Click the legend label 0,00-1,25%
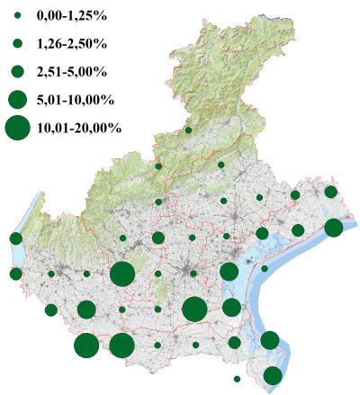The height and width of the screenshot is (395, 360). [73, 16]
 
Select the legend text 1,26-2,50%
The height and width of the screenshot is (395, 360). [73, 43]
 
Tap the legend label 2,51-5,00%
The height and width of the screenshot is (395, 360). [73, 70]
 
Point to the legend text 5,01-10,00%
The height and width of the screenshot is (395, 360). [76, 98]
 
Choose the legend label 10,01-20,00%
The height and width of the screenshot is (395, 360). [80, 128]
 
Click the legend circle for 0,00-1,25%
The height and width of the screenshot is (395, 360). [17, 16]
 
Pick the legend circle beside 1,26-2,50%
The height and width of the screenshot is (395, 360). [17, 43]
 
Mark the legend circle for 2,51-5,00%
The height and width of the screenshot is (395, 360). [17, 70]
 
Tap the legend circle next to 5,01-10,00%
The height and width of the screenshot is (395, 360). [17, 98]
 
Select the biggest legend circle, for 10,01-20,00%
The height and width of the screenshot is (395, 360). [17, 128]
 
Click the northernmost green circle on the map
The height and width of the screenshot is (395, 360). [188, 130]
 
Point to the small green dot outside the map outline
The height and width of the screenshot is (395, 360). [236, 379]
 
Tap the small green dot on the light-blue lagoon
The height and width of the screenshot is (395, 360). [265, 268]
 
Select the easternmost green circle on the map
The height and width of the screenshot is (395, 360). [333, 228]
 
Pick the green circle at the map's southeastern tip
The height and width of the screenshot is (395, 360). [273, 376]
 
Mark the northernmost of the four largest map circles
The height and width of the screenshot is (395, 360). [122, 274]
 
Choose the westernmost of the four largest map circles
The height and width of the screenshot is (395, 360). [86, 346]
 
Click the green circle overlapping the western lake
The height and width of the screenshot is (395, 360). [15, 238]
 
